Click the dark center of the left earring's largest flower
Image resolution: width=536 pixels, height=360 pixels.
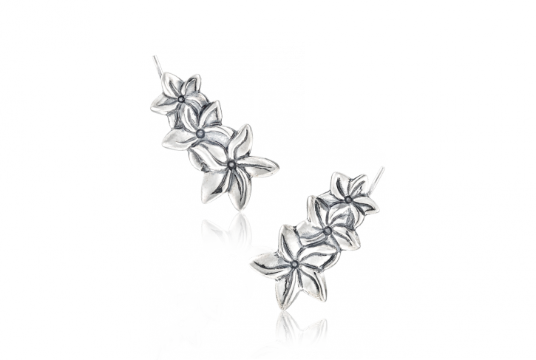(232, 165)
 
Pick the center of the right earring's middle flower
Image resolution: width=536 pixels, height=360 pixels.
(326, 231)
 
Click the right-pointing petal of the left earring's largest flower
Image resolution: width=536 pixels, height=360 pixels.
(264, 167)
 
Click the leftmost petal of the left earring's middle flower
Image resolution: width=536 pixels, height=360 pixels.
(175, 138)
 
